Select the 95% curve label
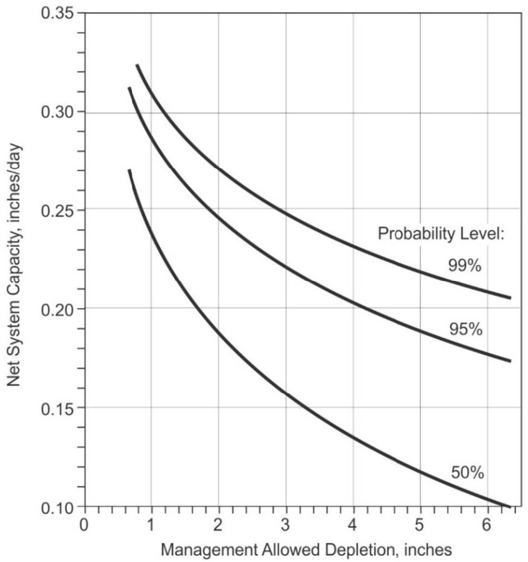(x=465, y=329)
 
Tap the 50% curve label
(x=467, y=473)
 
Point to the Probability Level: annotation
(x=441, y=233)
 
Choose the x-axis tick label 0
(x=84, y=523)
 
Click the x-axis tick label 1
(x=151, y=523)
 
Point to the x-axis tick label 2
(x=218, y=523)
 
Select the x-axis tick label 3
(x=286, y=523)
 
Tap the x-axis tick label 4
(x=353, y=523)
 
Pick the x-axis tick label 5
(x=421, y=523)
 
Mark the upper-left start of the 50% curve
(x=130, y=171)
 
